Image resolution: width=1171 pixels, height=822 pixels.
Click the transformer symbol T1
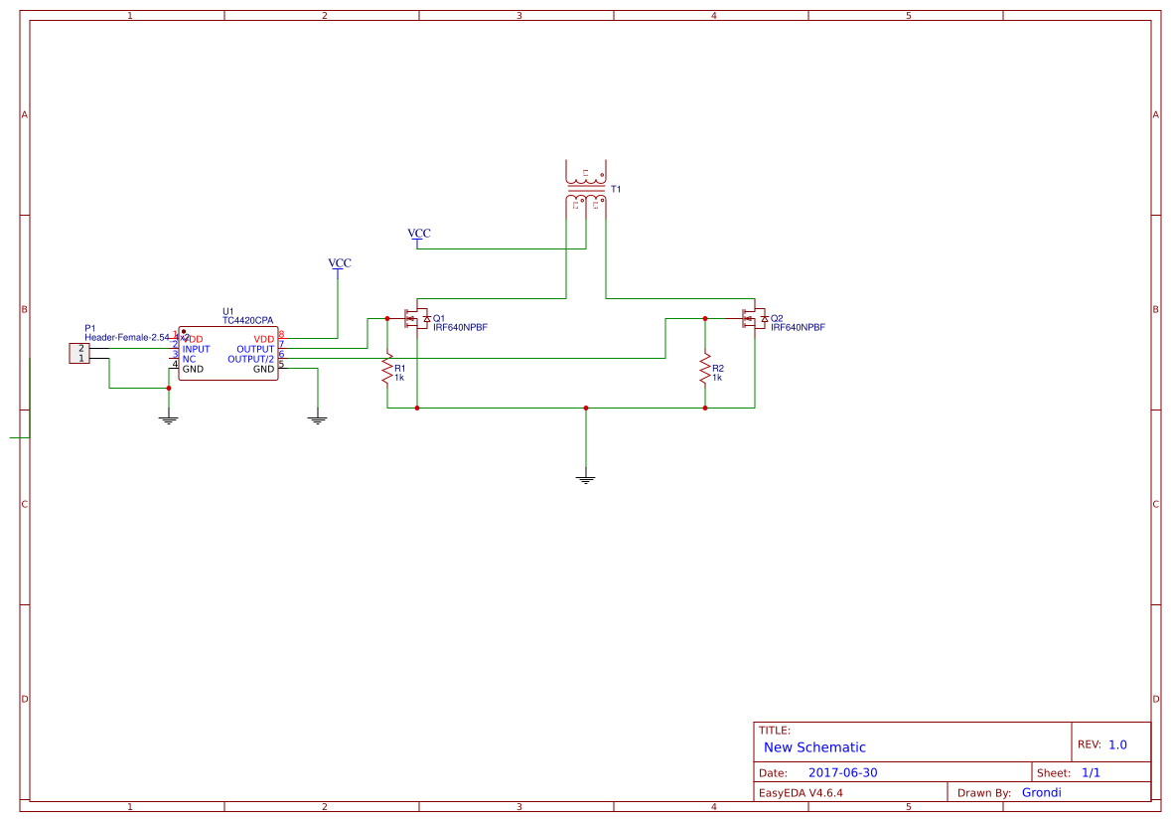point(585,187)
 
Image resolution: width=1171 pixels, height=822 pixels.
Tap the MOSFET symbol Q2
point(755,319)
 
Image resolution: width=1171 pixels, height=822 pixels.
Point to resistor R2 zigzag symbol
point(705,369)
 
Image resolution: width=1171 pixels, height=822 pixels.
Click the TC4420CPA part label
point(247,321)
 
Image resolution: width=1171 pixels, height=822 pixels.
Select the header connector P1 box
point(80,353)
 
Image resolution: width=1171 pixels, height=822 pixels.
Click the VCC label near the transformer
point(419,234)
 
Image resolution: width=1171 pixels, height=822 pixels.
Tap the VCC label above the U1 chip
point(340,263)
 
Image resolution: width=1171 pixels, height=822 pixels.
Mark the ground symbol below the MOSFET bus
point(586,479)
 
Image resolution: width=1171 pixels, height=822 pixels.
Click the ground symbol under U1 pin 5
point(318,420)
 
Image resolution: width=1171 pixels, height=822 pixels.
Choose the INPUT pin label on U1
point(196,349)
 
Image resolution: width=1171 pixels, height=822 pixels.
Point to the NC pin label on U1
point(189,359)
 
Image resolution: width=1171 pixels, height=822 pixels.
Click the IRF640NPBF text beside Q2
point(798,327)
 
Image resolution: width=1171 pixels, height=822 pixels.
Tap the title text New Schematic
point(814,747)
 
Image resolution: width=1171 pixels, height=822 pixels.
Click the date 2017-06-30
point(842,772)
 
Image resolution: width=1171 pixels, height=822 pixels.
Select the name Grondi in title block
point(1041,792)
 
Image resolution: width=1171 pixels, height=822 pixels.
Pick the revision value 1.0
point(1117,744)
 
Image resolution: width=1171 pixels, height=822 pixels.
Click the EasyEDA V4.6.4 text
point(801,793)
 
